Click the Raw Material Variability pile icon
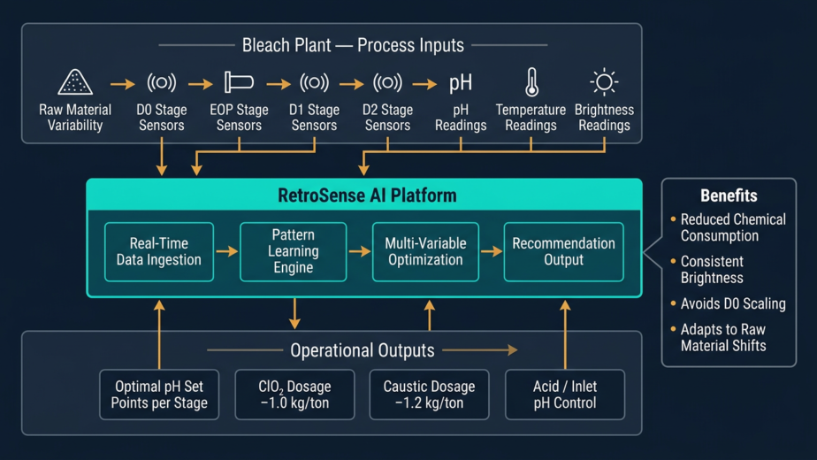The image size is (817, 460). point(75,82)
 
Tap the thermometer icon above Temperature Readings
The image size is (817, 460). point(531,81)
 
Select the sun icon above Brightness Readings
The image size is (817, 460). point(604,82)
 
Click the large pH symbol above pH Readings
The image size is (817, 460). point(461,83)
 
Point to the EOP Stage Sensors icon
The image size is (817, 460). point(239,82)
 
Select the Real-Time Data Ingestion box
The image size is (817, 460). point(159,252)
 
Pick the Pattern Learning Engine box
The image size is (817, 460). point(294,252)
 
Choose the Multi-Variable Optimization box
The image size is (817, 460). point(425,252)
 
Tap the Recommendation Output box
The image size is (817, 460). point(563,252)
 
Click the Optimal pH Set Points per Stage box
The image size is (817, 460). point(159,395)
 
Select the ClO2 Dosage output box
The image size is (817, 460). point(294,395)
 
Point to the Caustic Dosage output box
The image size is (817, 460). point(429,395)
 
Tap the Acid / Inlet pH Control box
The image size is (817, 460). point(565,395)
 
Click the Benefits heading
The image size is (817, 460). point(729,196)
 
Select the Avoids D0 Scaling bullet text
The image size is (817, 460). point(733,303)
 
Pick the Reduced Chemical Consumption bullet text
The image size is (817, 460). point(733,227)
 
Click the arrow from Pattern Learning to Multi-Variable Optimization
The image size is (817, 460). point(359,252)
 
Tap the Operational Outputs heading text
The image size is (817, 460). point(363,350)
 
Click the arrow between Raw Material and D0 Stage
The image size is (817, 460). point(122,84)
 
